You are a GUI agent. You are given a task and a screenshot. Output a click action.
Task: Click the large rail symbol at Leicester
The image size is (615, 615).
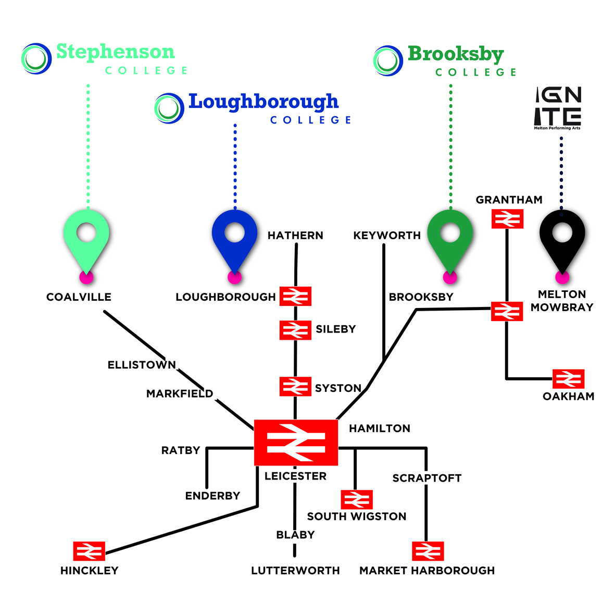[x=296, y=442]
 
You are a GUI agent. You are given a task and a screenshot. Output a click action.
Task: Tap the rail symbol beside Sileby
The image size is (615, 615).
[x=295, y=330]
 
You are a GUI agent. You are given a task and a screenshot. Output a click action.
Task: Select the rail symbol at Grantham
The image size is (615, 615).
[x=507, y=219]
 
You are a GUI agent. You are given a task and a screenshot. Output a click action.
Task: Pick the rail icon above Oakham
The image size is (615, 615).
[x=568, y=379]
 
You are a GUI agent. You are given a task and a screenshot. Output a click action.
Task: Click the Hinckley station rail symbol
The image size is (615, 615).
[x=89, y=551]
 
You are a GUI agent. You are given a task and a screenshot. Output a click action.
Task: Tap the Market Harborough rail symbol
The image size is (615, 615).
[x=428, y=551]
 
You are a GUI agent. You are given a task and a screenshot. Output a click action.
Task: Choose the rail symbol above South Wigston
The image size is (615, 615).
[x=357, y=499]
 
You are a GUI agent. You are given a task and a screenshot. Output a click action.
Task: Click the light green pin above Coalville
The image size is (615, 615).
[x=86, y=238]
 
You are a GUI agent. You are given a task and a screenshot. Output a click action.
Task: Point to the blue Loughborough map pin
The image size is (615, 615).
[x=235, y=238]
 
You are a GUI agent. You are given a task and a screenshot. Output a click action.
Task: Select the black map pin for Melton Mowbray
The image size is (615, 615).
[x=562, y=238]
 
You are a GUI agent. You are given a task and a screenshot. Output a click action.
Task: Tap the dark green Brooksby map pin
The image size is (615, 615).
[x=450, y=238]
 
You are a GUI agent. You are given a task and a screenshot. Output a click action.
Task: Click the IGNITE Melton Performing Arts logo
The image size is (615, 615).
[x=558, y=108]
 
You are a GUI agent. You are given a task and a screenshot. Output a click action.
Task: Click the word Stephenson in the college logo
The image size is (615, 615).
[x=115, y=52]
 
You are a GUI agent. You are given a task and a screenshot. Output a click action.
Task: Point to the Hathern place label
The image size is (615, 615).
[x=295, y=236]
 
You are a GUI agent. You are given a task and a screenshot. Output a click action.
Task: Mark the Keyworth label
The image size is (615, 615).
[x=387, y=236]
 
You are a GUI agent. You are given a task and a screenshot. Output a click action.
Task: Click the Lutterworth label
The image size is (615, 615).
[x=295, y=571]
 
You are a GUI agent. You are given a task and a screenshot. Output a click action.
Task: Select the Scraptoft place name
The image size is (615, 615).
[x=427, y=478]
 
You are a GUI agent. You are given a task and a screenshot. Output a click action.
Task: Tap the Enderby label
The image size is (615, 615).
[x=212, y=496]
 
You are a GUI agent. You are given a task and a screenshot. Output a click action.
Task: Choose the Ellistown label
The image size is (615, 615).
[x=142, y=365]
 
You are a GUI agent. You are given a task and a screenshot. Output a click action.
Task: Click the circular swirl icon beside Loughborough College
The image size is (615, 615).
[x=169, y=108]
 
